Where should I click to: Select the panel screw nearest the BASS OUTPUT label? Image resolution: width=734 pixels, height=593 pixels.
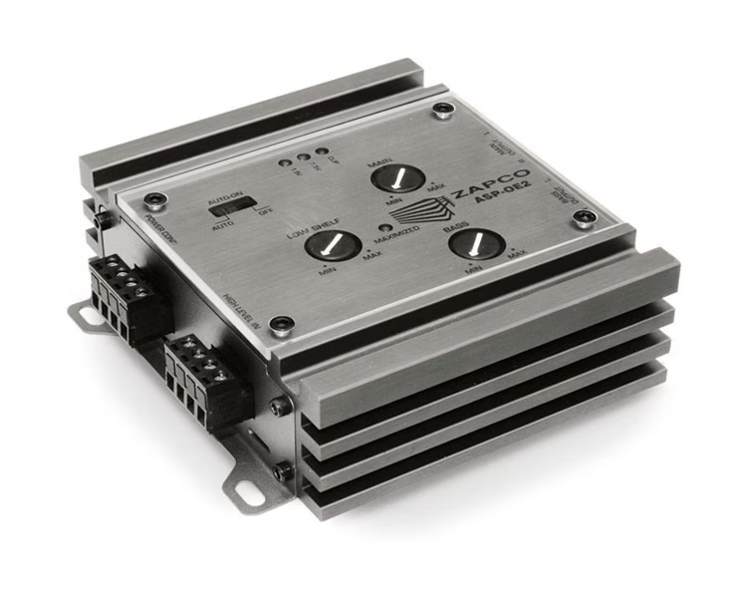588,216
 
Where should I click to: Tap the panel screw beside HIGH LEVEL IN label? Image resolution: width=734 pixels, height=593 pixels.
284,323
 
